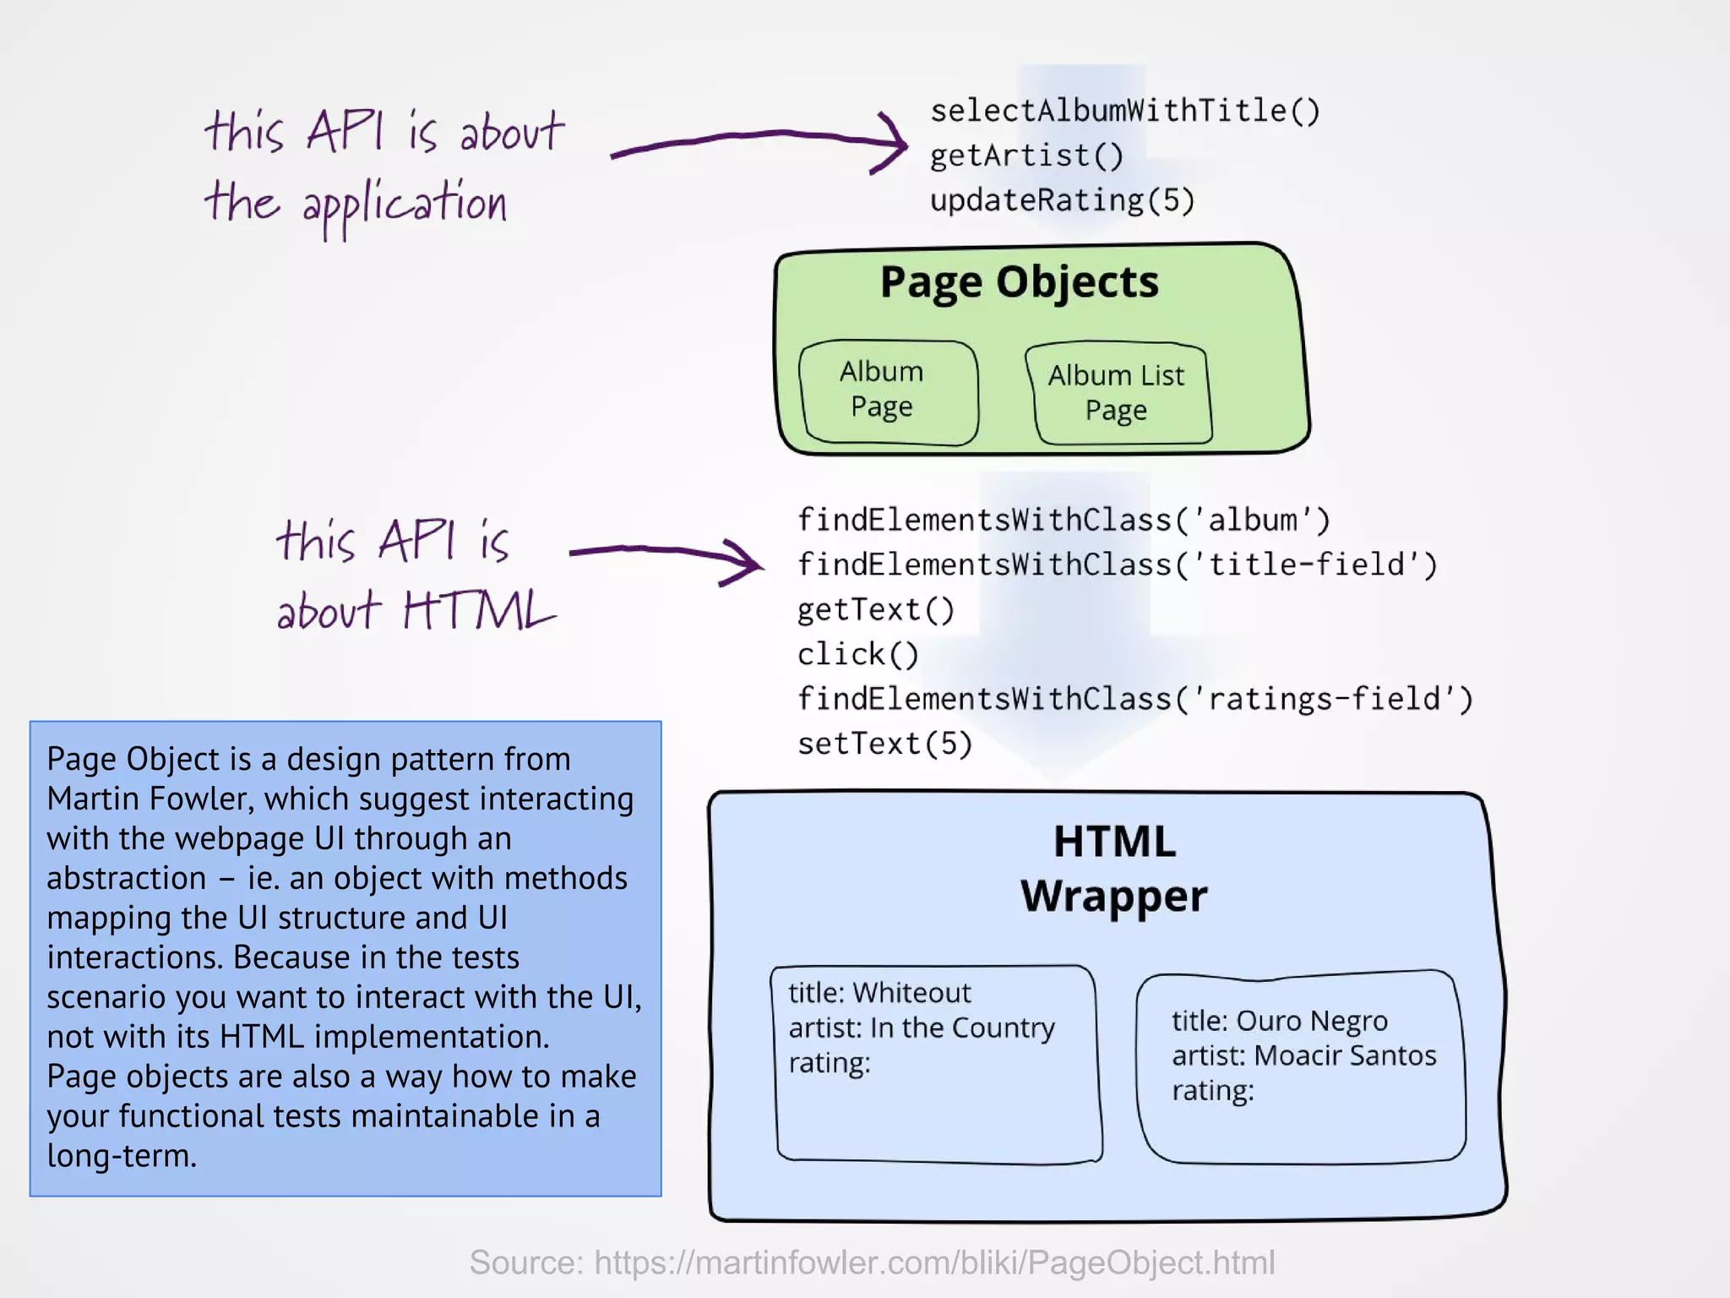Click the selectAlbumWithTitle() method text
coord(1124,111)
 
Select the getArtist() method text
coord(1026,155)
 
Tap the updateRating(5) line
coord(1062,200)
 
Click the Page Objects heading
coord(1019,282)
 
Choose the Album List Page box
coord(1118,393)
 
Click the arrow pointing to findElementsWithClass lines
coord(667,556)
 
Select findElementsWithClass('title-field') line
coord(1117,564)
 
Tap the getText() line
coord(875,609)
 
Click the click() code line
coord(857,654)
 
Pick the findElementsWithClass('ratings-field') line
coord(1134,699)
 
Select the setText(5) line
coord(884,744)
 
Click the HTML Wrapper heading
coord(1113,869)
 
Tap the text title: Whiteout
coord(879,992)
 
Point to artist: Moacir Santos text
coord(1303,1055)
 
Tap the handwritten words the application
coord(356,205)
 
